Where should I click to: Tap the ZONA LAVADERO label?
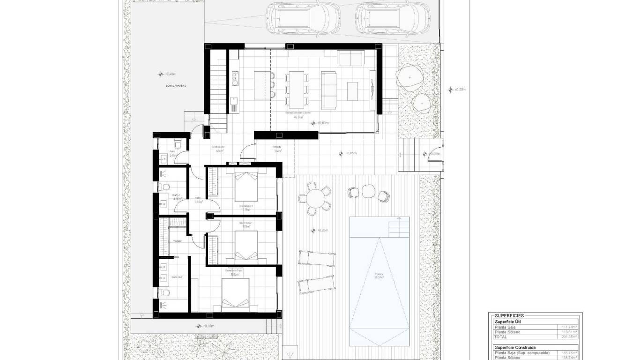(176, 86)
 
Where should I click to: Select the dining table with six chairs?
(296, 89)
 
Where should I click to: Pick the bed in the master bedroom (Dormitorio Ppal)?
(236, 295)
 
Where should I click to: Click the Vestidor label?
(177, 241)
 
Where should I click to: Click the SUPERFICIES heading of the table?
(509, 316)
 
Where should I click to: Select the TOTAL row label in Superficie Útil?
(500, 337)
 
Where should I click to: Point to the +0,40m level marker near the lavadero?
(169, 74)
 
